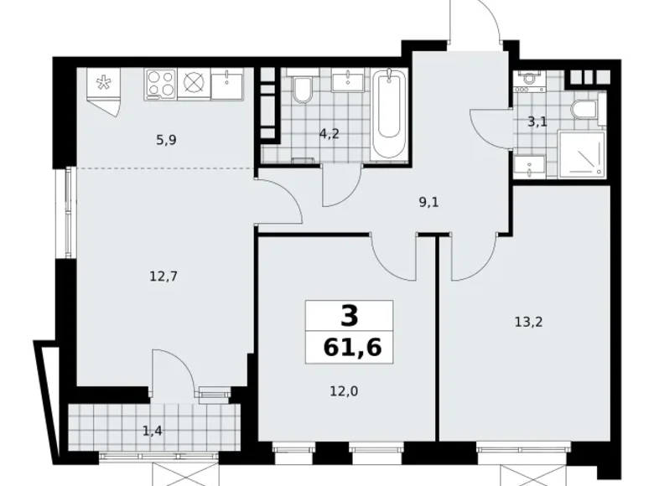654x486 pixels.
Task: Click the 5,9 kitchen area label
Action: [x=166, y=141]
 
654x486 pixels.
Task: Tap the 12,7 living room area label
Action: [x=163, y=276]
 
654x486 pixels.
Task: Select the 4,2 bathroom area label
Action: [x=329, y=134]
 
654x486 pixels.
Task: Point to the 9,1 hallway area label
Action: [x=428, y=203]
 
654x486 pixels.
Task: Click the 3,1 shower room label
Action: [x=537, y=122]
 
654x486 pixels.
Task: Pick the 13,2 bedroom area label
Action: [x=528, y=322]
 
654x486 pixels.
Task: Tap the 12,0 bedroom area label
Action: [x=344, y=391]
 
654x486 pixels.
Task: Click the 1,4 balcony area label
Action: [x=153, y=431]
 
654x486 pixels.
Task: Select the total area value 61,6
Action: [x=352, y=347]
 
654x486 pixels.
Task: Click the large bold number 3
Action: [x=350, y=316]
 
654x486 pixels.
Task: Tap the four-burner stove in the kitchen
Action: [x=161, y=85]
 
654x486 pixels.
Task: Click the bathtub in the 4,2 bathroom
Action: [x=389, y=113]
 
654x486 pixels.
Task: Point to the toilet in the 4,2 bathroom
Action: [x=302, y=88]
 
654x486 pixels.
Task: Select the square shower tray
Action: [x=581, y=154]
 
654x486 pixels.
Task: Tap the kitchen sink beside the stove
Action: [x=227, y=85]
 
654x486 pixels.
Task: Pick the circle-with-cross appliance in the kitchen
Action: [x=194, y=84]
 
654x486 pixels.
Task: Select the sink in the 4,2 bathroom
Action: [x=347, y=81]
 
